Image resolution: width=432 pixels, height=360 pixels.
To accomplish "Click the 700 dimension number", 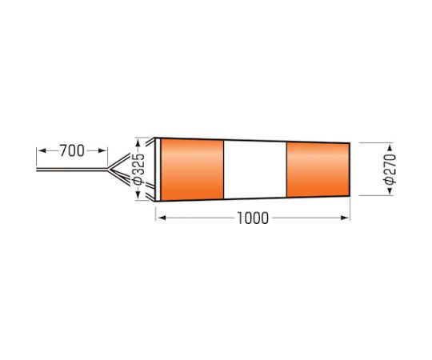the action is (72, 150).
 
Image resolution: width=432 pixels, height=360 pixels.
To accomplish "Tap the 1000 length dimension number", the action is (253, 218).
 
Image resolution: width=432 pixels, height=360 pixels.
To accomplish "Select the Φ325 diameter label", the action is (138, 169).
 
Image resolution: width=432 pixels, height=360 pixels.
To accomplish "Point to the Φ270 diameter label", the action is (390, 169).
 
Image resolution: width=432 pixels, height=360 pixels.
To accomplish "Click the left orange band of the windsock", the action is (192, 170).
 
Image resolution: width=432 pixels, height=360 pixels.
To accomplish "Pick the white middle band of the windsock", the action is (255, 170).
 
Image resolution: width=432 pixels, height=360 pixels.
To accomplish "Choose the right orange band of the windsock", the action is (318, 170).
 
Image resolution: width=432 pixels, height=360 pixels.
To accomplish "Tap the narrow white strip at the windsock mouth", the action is (158, 170).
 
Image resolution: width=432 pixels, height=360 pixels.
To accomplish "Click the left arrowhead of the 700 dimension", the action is (42, 150).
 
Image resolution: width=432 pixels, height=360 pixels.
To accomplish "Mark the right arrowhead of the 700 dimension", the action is (102, 150).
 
